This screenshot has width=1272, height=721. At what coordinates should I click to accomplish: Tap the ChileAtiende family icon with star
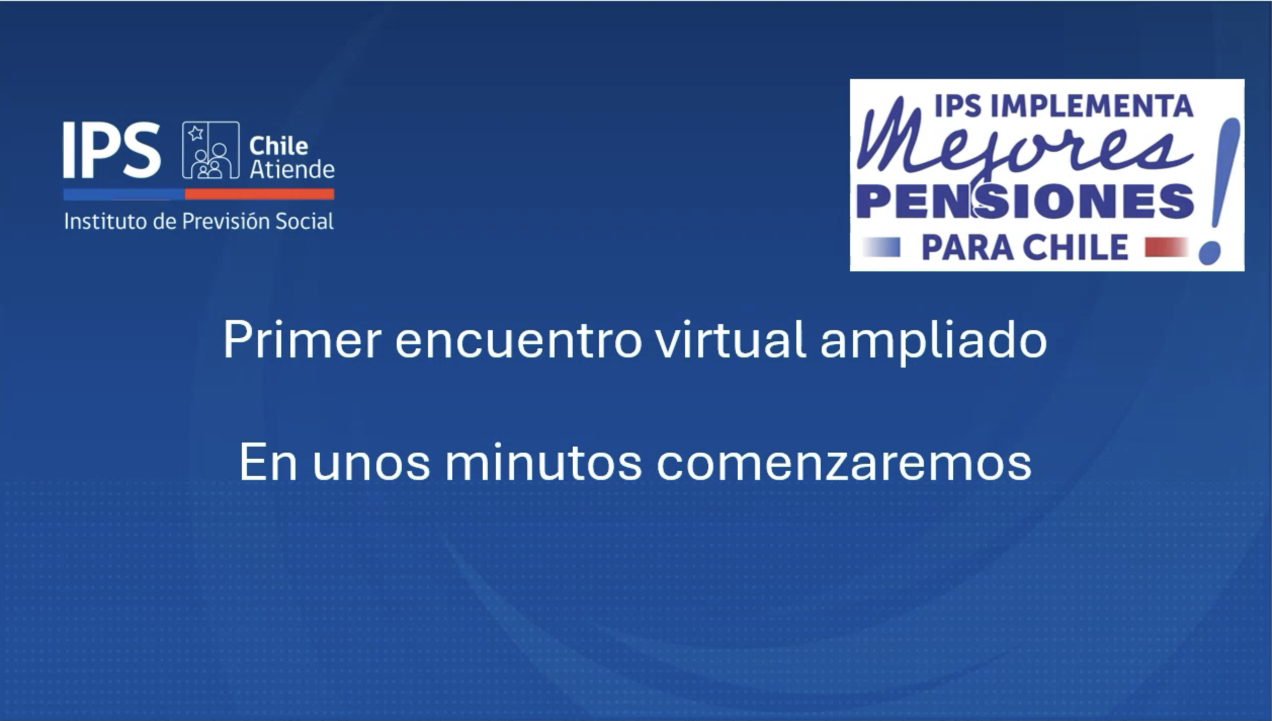[210, 150]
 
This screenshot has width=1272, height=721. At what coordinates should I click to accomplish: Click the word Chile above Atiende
[278, 146]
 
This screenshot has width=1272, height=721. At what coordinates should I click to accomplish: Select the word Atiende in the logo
[292, 169]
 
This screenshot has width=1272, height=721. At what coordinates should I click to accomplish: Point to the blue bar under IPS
[124, 194]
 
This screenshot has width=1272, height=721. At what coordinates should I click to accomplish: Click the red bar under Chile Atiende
[260, 194]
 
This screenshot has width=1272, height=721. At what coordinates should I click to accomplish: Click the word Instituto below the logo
[106, 222]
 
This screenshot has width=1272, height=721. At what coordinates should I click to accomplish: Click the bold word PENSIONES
[1025, 201]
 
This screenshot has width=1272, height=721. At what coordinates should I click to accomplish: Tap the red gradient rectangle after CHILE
[1166, 247]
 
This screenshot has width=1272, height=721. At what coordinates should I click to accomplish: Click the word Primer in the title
[302, 340]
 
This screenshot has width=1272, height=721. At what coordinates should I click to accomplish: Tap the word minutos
[543, 462]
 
